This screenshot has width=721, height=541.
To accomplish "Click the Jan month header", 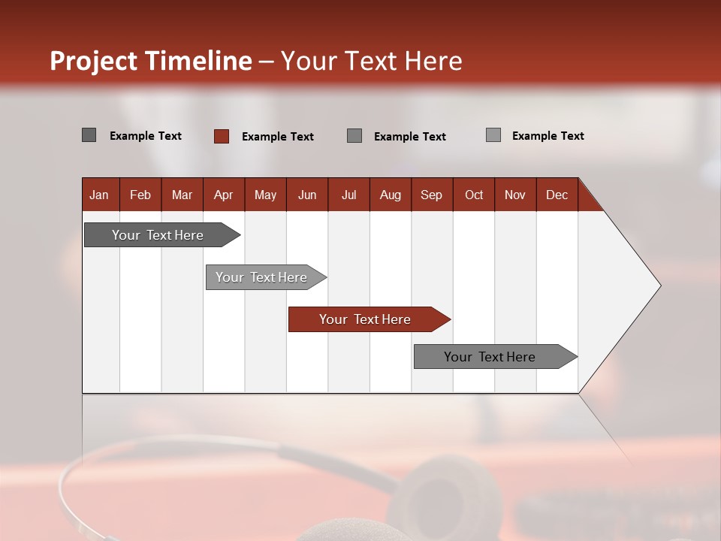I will click(x=99, y=195).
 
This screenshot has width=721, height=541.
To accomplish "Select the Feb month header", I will click(x=140, y=195).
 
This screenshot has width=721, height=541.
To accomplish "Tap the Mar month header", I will click(x=182, y=195).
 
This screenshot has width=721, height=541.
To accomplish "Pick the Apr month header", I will click(x=223, y=195).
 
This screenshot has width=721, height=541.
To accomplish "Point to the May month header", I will click(x=265, y=195).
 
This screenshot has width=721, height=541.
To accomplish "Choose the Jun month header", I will click(x=307, y=195).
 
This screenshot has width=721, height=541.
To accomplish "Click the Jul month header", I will click(x=348, y=195).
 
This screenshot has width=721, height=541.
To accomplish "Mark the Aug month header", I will click(x=390, y=195).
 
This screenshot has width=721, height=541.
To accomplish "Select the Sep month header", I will click(x=431, y=195).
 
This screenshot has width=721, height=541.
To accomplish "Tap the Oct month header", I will click(x=474, y=195).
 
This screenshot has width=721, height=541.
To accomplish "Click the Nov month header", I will click(x=515, y=195).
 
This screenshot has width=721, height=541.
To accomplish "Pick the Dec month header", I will click(x=557, y=195).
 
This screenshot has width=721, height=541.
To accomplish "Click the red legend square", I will click(x=222, y=136).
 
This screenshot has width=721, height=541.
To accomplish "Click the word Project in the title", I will click(x=94, y=61).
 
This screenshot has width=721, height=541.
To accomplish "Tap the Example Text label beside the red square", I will click(x=278, y=137).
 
